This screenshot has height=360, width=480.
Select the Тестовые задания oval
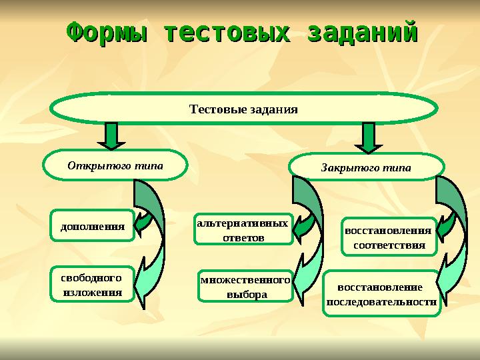point(244,109)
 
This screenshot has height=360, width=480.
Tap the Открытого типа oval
point(115,165)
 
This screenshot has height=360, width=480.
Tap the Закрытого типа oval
point(367,167)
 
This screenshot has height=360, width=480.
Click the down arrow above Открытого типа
point(112,136)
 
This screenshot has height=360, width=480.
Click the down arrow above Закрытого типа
point(367,138)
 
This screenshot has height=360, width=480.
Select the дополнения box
point(93,225)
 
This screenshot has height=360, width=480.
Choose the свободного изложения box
point(92,284)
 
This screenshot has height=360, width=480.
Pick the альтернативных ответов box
point(243,230)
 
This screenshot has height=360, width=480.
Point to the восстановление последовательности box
point(381,294)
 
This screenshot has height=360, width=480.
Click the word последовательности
point(381,301)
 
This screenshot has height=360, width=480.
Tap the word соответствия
point(389,245)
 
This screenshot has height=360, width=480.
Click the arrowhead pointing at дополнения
point(142,223)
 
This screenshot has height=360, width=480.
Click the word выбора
point(247,294)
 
